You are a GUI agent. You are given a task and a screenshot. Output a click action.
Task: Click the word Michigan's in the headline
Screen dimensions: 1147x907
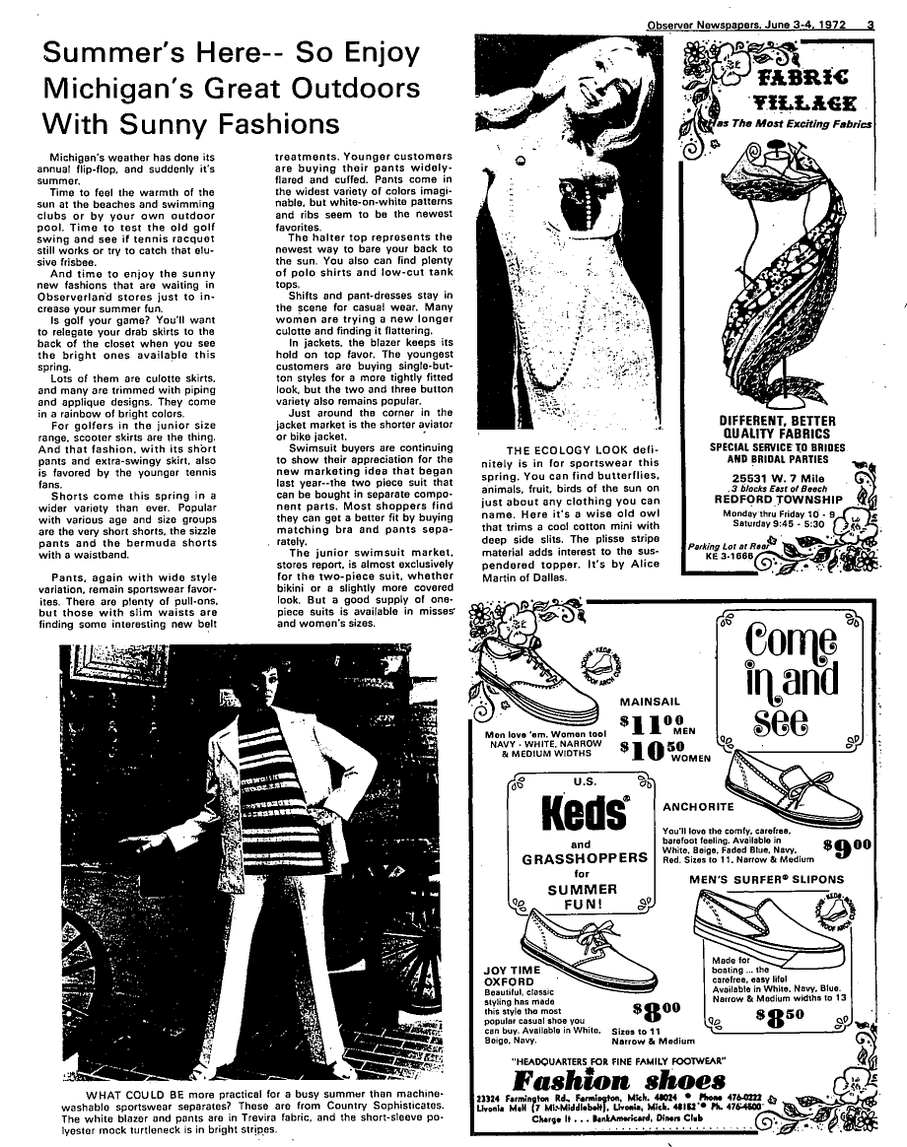click(x=113, y=88)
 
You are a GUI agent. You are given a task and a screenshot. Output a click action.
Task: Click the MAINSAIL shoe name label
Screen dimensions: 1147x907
click(x=653, y=701)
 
